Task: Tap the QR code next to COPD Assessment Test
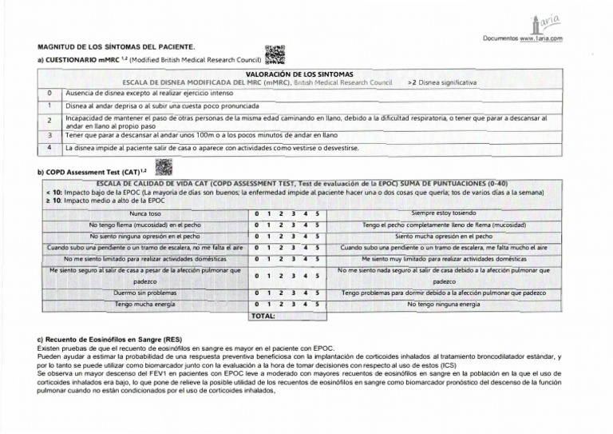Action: coord(163,167)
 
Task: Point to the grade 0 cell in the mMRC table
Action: coord(49,93)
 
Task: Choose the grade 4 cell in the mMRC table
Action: coord(49,148)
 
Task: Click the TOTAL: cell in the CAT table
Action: coord(263,317)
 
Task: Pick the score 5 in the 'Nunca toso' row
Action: coord(317,214)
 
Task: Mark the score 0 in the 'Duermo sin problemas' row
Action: coord(256,293)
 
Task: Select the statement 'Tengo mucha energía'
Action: coord(144,305)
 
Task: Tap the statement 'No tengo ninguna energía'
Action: coord(444,305)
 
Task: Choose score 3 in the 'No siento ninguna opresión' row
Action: coord(293,237)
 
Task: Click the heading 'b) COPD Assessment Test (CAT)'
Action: coord(91,173)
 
